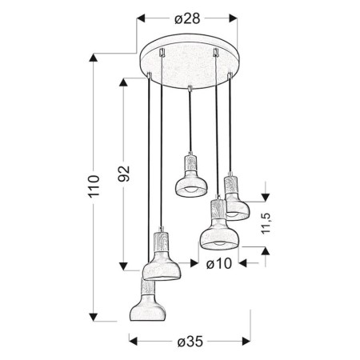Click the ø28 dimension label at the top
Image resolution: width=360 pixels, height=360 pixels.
(x=186, y=18)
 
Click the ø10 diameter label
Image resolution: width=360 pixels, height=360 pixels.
(x=218, y=262)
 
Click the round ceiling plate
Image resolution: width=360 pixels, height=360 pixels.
(x=189, y=63)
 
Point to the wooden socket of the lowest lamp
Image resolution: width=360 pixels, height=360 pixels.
(x=149, y=290)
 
